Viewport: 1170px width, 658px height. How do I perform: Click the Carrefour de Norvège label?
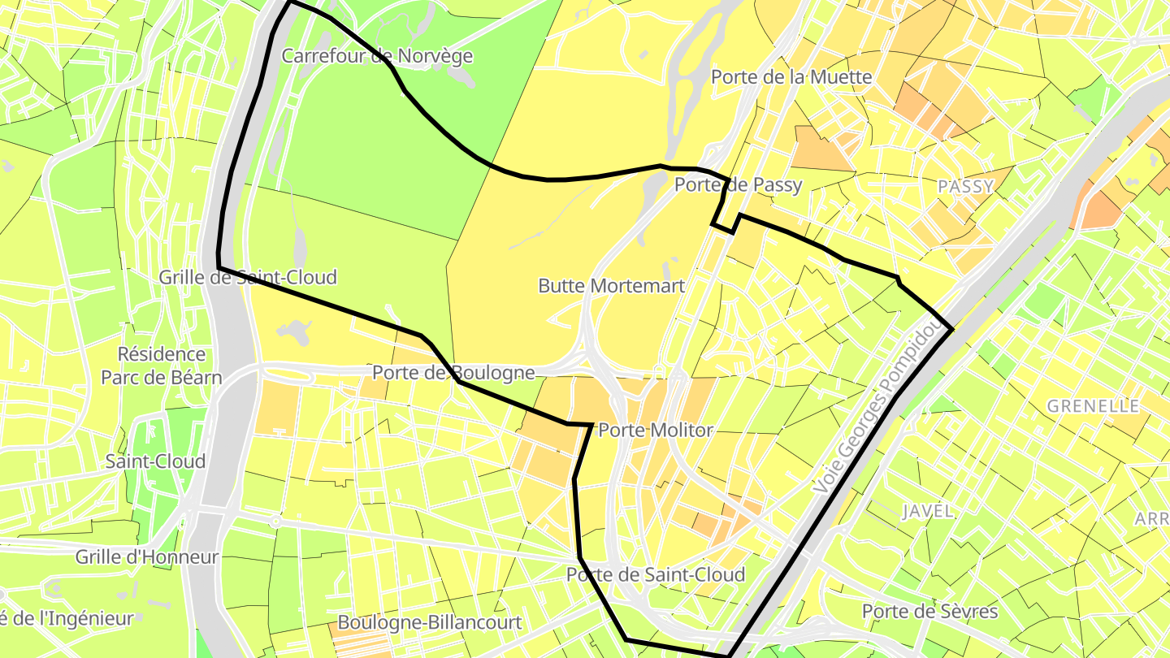coord(376,56)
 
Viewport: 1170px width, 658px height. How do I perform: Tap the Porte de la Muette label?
coord(791,77)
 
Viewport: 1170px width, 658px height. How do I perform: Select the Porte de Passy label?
coord(738,185)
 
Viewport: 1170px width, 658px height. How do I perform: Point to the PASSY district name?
coord(965,187)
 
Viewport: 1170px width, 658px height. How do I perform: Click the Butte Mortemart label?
coord(611,286)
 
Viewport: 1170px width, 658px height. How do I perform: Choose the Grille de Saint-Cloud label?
coord(247,278)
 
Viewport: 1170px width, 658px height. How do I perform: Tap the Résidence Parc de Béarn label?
coord(161,366)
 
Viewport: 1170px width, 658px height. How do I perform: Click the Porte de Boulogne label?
coord(453,373)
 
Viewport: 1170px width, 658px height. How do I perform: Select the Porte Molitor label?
coord(655,431)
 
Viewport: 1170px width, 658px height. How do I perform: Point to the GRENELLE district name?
coord(1094,406)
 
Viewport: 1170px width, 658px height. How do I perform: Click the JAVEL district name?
coord(927,511)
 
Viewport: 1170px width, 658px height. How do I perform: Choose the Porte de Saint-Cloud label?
coord(655,575)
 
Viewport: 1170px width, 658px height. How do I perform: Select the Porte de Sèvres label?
coord(929,612)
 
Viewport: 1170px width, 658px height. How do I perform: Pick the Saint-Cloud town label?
coord(155,461)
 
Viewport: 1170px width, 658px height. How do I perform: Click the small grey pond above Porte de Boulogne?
coord(293,330)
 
